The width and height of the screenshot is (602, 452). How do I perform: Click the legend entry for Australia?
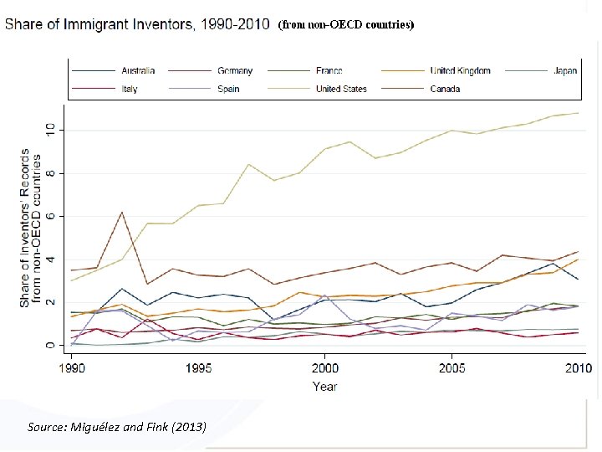tap(137, 71)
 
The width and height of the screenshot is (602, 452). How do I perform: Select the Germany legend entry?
tap(235, 71)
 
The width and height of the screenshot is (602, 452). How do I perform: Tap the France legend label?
tap(329, 71)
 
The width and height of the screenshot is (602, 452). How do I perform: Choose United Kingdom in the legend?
tap(460, 71)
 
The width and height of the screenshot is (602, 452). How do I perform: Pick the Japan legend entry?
tap(564, 71)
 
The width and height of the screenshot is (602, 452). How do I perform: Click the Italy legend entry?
tap(130, 89)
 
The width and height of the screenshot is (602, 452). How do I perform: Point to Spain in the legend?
tap(228, 89)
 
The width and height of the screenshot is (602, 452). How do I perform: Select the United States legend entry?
tap(340, 89)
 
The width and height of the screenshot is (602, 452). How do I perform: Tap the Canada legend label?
tap(445, 89)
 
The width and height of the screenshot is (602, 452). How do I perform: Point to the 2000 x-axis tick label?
tap(325, 368)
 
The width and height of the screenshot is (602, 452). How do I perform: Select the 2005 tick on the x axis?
tap(451, 368)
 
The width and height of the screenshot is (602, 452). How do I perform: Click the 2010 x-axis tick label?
tap(577, 368)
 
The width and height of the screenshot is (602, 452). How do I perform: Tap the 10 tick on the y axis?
tap(50, 130)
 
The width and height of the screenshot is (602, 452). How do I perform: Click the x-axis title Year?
tap(325, 387)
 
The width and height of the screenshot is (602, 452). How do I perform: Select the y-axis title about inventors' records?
tap(31, 228)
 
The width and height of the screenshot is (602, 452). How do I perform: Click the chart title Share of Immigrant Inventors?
tap(139, 24)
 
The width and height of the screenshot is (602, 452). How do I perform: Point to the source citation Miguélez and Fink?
tap(116, 428)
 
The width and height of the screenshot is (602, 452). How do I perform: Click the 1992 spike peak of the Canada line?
tap(123, 212)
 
